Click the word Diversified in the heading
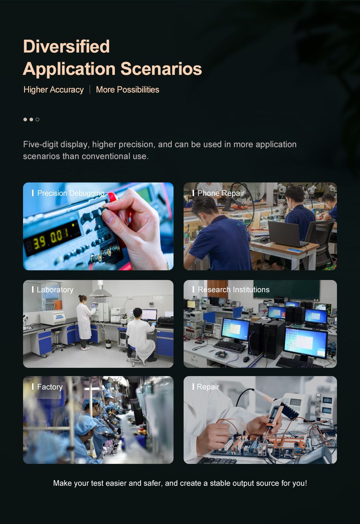tap(66, 46)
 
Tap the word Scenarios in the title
tap(161, 69)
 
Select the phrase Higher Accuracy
tap(54, 90)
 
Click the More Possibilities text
tap(127, 90)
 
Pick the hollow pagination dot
tap(37, 119)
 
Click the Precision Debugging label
tap(71, 193)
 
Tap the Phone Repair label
tap(221, 193)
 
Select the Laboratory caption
tap(55, 290)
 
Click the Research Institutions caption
tap(234, 290)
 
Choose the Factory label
tap(50, 387)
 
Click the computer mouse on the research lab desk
tap(246, 359)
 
